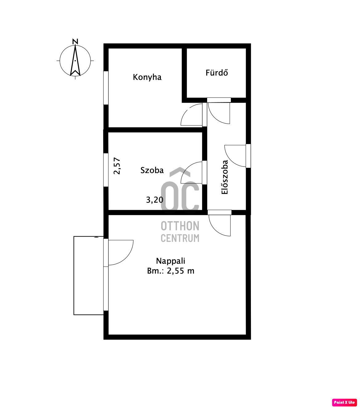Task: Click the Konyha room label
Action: (x=147, y=77)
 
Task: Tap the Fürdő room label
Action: (x=217, y=73)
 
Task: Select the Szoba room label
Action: (x=152, y=170)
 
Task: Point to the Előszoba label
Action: (x=225, y=177)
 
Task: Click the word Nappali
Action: (x=170, y=261)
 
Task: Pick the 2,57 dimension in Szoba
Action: (x=117, y=166)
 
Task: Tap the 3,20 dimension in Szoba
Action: (x=155, y=200)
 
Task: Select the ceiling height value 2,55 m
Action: (x=180, y=271)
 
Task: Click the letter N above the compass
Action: (x=75, y=42)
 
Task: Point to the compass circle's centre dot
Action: (x=75, y=60)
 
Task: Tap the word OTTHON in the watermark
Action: (x=180, y=226)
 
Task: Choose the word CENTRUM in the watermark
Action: (x=180, y=238)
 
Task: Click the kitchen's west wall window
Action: (x=106, y=88)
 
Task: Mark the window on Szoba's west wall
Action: (x=106, y=170)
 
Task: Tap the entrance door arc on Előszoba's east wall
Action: (x=231, y=160)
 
